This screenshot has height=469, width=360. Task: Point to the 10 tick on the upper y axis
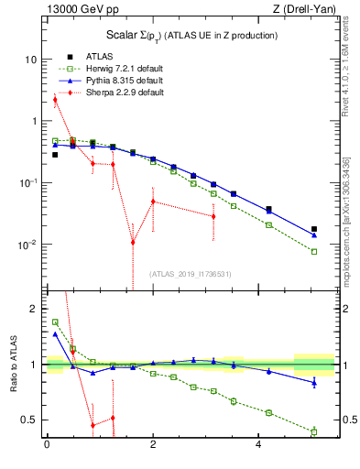[30, 59]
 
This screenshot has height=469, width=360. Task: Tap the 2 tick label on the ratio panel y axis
[33, 309]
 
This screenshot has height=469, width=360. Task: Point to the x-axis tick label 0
[47, 444]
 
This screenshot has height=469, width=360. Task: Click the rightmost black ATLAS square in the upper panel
[314, 229]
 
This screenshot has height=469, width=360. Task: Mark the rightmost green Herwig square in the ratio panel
[314, 431]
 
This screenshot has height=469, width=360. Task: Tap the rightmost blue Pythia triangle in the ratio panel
[314, 382]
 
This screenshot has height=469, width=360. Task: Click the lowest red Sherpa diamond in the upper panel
[133, 243]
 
